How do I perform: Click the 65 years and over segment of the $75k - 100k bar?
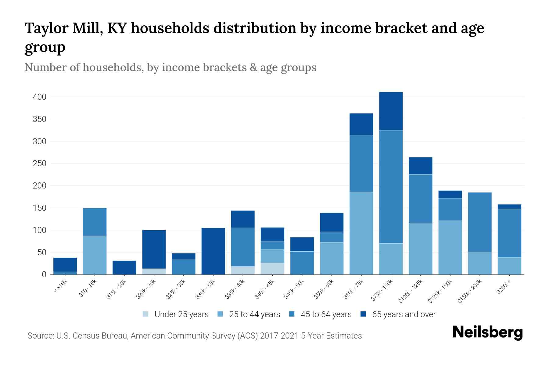coord(391,111)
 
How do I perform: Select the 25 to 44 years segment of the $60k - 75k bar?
coord(361,233)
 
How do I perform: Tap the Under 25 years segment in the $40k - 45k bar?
coord(272,269)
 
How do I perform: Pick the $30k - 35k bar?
coord(213,251)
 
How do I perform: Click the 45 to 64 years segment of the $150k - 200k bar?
coord(480,222)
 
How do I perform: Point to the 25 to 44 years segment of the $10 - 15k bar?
coord(95,255)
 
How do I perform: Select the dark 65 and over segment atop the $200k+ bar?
coord(509,206)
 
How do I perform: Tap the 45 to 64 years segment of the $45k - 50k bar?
coord(302,263)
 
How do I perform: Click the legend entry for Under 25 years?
coord(176,314)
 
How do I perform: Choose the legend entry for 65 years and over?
coord(398,314)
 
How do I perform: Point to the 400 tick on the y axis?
coord(39,97)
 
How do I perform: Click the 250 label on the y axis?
coord(39,163)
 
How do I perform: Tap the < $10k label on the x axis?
coord(61,287)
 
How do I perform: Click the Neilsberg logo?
coord(487,332)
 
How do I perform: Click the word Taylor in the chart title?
coord(46,28)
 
